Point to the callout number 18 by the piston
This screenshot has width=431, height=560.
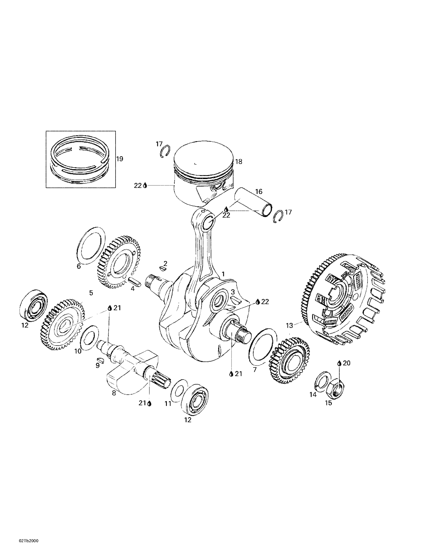tap(239, 162)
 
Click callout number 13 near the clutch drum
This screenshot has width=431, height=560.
tap(289, 326)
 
